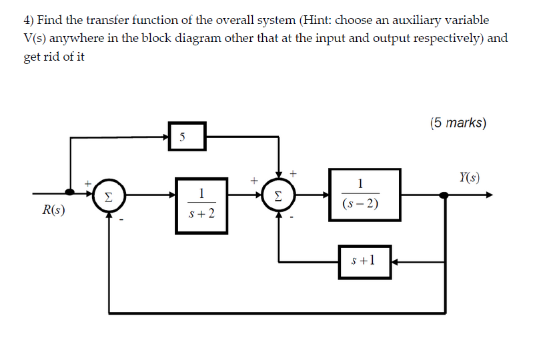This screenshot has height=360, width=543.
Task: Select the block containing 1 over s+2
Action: [201, 205]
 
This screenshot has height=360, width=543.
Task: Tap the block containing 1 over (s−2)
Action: [364, 194]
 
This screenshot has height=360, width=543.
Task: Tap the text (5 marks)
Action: [458, 123]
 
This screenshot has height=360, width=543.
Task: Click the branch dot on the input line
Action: [70, 195]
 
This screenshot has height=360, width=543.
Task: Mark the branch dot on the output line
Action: [444, 195]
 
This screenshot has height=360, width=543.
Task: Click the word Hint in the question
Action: [320, 21]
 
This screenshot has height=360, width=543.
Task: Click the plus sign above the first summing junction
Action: [86, 181]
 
